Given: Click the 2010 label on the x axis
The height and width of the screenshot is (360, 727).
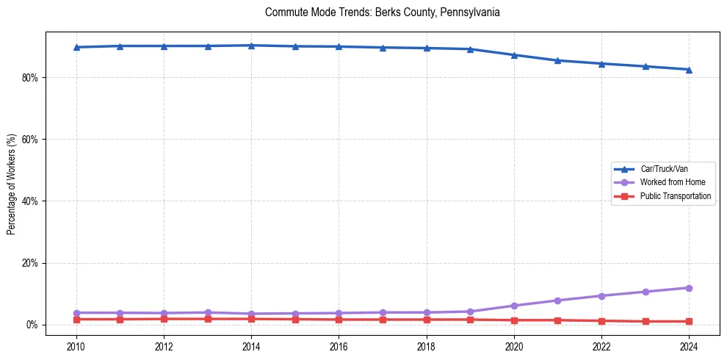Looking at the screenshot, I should (x=76, y=345).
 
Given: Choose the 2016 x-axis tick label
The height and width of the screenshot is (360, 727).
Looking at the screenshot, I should (x=339, y=345).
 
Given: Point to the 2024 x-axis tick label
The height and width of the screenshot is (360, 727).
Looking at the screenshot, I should (x=689, y=345).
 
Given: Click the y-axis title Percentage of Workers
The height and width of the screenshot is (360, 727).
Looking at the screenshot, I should (x=11, y=184).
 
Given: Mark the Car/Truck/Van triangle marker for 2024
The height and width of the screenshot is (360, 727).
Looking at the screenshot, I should (x=689, y=70).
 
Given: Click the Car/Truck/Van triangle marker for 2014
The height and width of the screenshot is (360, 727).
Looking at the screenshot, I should (x=251, y=46).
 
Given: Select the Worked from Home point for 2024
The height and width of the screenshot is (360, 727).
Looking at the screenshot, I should (x=689, y=288).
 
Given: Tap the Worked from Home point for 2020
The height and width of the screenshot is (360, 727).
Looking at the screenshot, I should (x=514, y=306).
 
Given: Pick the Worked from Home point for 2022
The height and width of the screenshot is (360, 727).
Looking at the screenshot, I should (x=601, y=296).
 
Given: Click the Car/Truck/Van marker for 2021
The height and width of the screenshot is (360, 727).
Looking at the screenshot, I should (x=557, y=60).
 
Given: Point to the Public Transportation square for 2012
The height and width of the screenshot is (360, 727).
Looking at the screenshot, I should (x=164, y=319).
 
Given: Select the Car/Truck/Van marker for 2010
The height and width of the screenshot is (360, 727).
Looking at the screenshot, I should (x=76, y=47).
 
